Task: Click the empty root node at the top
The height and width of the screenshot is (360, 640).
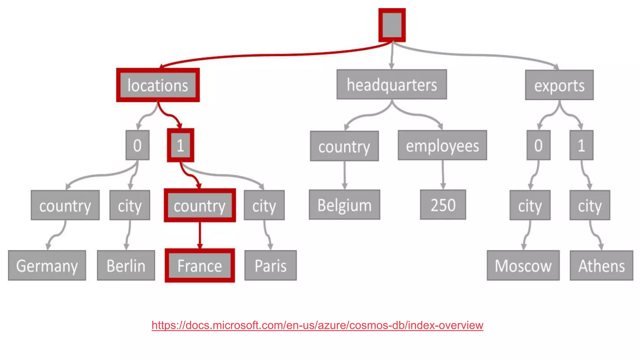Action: pos(392,25)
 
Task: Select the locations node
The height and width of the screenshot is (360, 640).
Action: pos(158,85)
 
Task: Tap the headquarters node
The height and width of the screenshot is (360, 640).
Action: pos(392,84)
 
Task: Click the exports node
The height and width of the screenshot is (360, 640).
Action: pos(559,85)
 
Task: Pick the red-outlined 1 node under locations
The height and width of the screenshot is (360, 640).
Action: pos(180,145)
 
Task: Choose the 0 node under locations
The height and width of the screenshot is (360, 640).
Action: pos(137,145)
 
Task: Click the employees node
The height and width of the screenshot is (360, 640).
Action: pos(442,145)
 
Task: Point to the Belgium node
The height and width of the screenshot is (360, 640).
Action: pos(344,205)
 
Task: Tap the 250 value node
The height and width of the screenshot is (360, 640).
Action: pos(443,205)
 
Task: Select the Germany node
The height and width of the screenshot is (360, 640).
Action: pos(47,265)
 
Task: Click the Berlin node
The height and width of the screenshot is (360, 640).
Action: pos(126,265)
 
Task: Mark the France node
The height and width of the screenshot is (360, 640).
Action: pos(200,265)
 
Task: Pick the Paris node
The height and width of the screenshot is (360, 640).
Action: pos(270,265)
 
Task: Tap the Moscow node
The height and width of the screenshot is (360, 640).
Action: pos(523,265)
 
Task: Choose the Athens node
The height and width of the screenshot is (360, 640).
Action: pos(601,265)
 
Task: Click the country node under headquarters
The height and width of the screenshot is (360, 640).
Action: pos(344,146)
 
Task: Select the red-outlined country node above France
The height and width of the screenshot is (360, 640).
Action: pos(200,205)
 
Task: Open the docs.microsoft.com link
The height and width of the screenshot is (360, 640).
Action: pos(317,325)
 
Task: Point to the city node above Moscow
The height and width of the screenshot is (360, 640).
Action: pos(530,205)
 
